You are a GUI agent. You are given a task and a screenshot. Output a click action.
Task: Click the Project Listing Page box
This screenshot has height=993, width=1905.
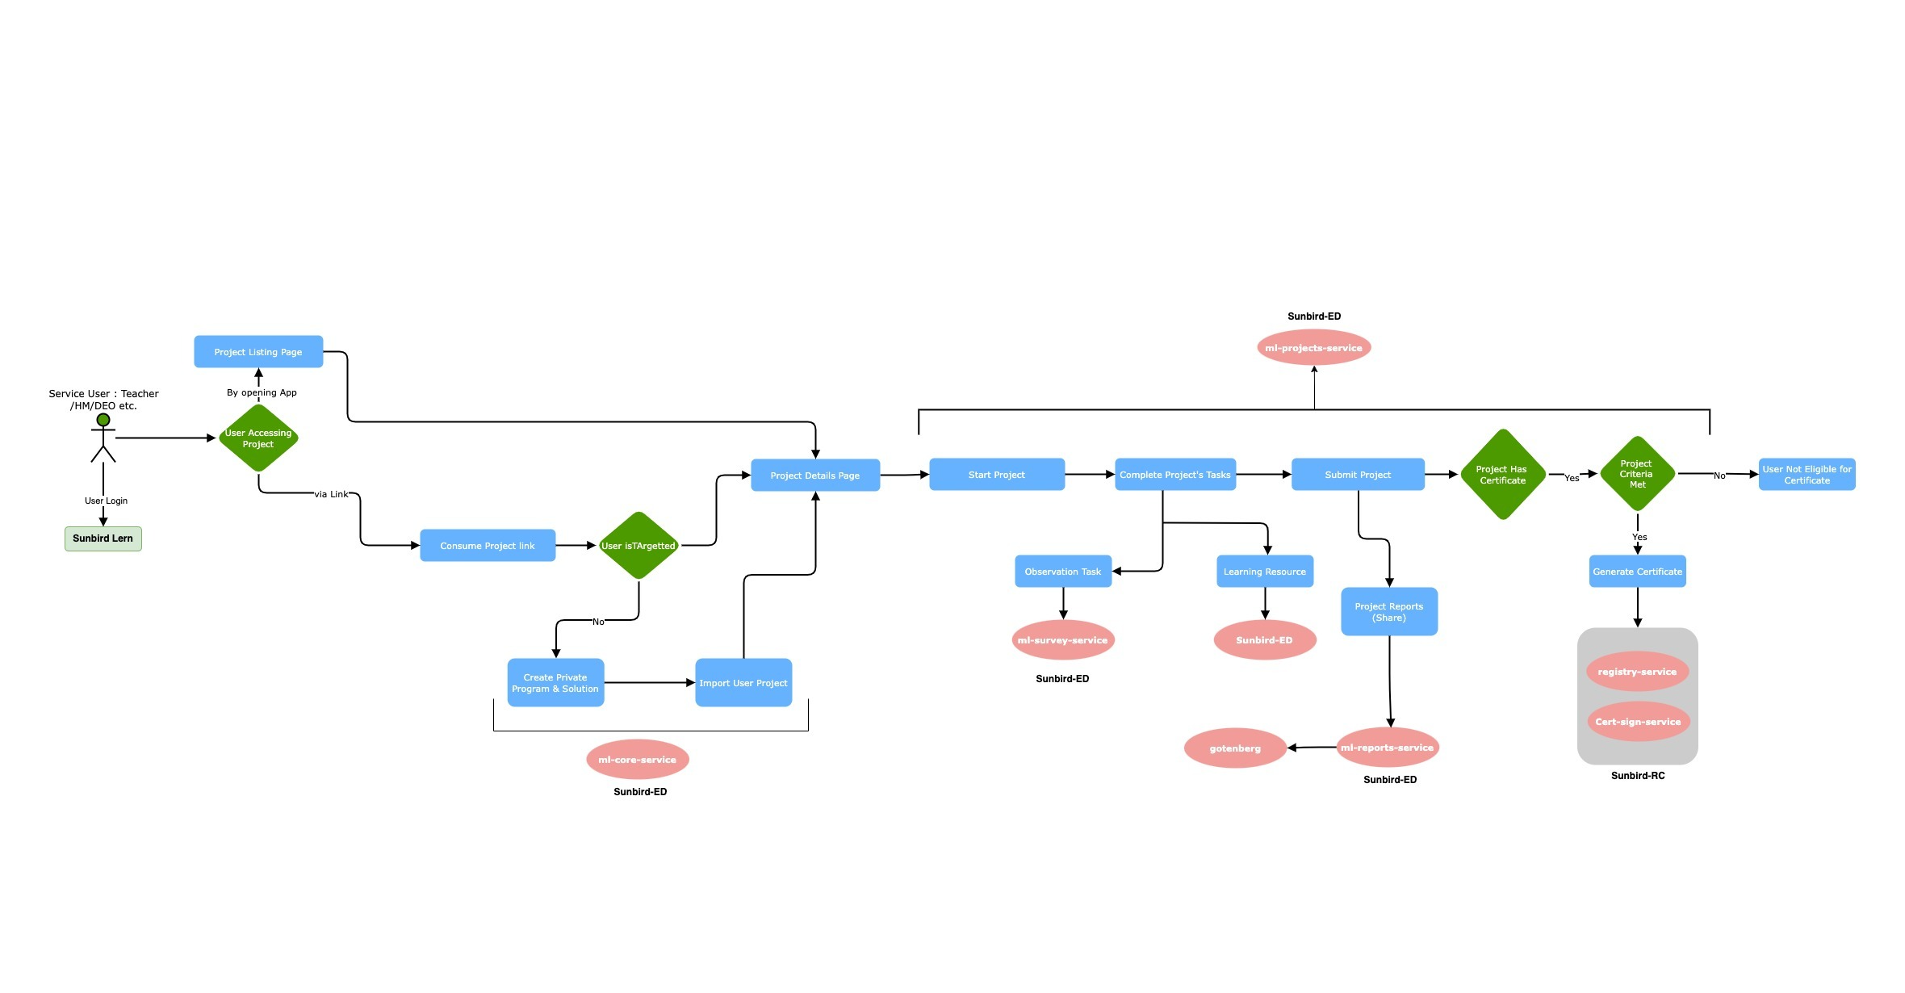(x=258, y=352)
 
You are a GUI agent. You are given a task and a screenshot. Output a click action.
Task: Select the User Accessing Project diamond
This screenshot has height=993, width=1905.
(x=258, y=438)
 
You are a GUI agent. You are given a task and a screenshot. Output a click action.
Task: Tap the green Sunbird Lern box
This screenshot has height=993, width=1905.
(x=103, y=538)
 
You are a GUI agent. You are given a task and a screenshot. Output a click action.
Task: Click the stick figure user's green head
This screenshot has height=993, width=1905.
(x=103, y=420)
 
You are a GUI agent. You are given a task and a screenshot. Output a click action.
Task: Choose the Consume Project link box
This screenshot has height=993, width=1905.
(x=488, y=546)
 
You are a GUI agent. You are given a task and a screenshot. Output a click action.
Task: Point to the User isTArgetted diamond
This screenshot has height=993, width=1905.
(x=638, y=546)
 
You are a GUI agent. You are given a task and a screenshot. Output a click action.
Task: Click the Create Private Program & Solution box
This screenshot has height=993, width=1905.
(x=555, y=683)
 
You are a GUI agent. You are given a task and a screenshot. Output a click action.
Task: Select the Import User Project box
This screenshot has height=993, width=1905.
(x=743, y=683)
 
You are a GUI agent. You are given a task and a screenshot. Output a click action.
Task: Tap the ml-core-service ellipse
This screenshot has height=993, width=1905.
(x=638, y=760)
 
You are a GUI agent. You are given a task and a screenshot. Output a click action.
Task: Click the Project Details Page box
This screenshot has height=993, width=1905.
(x=815, y=476)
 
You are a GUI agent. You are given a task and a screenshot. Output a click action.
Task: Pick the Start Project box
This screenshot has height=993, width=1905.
(x=997, y=475)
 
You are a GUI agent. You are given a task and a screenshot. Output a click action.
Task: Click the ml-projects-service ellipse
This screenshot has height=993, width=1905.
(x=1313, y=348)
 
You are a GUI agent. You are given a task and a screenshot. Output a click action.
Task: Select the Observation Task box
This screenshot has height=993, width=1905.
(x=1063, y=572)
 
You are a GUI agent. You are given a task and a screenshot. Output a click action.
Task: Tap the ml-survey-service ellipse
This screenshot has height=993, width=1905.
(x=1063, y=640)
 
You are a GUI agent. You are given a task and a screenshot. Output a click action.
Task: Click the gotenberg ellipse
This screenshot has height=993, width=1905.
(x=1235, y=748)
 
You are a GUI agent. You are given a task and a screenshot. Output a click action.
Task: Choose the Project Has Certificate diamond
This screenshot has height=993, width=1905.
(x=1502, y=475)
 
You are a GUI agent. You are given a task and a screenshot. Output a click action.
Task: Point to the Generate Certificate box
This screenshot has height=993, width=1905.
(x=1637, y=572)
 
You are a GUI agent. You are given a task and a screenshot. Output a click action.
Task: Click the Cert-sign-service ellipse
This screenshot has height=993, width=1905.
(x=1638, y=722)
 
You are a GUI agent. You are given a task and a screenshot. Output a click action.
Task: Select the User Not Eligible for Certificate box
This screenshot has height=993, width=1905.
(x=1807, y=475)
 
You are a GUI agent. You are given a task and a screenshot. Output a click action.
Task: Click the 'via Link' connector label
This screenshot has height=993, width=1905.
(x=332, y=494)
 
